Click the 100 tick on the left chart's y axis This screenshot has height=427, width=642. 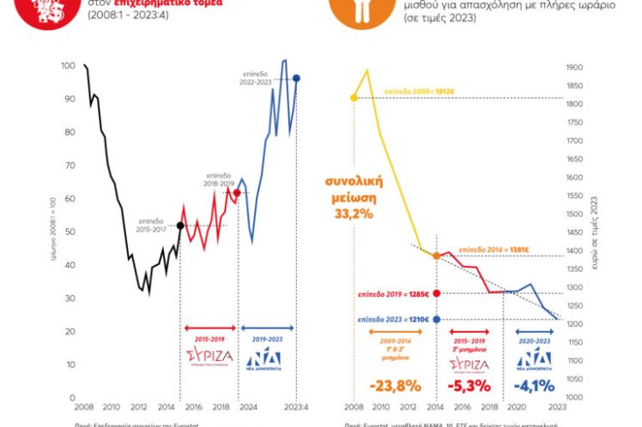pyautogui.click(x=68, y=66)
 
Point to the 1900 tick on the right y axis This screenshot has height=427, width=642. pyautogui.click(x=575, y=66)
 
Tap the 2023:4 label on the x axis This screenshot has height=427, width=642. pyautogui.click(x=296, y=406)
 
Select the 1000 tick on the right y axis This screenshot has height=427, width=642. pyautogui.click(x=575, y=398)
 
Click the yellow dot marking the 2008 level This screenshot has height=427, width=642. pyautogui.click(x=354, y=98)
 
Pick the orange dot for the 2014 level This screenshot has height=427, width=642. pyautogui.click(x=437, y=256)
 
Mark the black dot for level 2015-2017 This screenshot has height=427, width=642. pyautogui.click(x=179, y=226)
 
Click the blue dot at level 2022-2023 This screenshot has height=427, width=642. pyautogui.click(x=296, y=78)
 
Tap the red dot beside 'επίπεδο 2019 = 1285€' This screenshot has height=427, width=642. pyautogui.click(x=437, y=293)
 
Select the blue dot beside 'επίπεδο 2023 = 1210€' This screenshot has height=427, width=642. pyautogui.click(x=437, y=320)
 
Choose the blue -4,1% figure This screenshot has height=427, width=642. pyautogui.click(x=534, y=385)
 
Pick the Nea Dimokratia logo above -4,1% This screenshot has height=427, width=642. pyautogui.click(x=534, y=358)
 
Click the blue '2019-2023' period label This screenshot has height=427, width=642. pyautogui.click(x=264, y=339)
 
